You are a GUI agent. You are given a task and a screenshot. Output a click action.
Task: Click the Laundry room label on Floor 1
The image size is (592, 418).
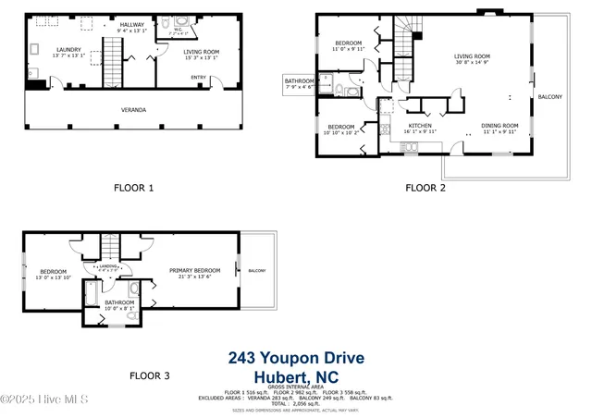pyautogui.click(x=68, y=50)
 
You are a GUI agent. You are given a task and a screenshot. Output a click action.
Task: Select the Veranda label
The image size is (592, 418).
pyautogui.click(x=133, y=109)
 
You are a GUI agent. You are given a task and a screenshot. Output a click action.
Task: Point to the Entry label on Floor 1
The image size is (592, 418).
pyautogui.click(x=199, y=77)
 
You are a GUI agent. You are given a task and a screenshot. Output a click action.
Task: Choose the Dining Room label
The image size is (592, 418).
pyautogui.click(x=499, y=125)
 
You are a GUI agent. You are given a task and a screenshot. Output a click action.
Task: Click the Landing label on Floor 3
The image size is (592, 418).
pyautogui.click(x=107, y=265)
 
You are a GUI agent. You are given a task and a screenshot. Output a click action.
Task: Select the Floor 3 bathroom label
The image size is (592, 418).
pyautogui.click(x=119, y=301)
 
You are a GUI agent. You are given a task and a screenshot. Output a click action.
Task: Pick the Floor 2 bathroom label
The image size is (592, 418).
pyautogui.click(x=299, y=81)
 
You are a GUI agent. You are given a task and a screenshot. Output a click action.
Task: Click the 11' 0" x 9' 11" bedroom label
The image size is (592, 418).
pyautogui.click(x=349, y=43)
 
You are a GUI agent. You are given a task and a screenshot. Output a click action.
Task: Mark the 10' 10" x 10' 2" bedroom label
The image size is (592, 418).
pyautogui.click(x=341, y=127)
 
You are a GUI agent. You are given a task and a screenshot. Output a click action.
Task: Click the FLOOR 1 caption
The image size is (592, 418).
pyautogui.click(x=133, y=188)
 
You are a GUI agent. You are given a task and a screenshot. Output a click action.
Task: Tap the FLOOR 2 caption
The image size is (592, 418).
pyautogui.click(x=425, y=188)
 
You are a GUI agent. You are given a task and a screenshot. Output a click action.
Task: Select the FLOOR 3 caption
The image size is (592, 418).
pyautogui.click(x=149, y=375)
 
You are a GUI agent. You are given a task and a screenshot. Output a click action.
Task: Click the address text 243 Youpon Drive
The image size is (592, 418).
pyautogui.click(x=296, y=358)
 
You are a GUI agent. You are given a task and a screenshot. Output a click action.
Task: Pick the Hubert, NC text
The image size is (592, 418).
pyautogui.click(x=296, y=376)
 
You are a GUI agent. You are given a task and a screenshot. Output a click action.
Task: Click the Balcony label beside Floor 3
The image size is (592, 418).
pyautogui.click(x=256, y=271)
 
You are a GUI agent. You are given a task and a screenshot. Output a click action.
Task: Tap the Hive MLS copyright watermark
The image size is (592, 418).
pyautogui.click(x=43, y=399)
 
